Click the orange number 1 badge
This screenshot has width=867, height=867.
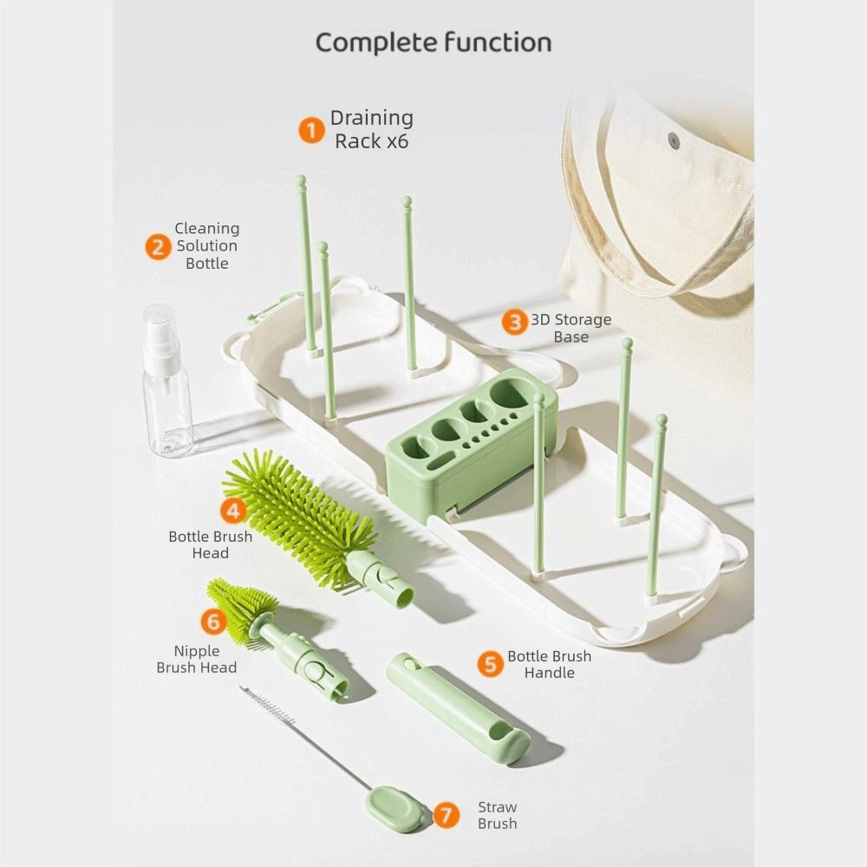pos(311,130)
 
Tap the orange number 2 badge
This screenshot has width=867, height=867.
pos(158,246)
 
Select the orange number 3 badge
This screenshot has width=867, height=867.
pos(515,323)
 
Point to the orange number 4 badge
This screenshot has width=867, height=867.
pos(232,510)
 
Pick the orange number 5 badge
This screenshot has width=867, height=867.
pos(490,664)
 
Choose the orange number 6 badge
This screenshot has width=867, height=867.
pos(213,621)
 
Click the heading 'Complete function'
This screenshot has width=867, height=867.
pos(433,42)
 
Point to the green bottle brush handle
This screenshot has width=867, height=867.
pos(458,707)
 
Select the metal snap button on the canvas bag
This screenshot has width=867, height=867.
pos(673,139)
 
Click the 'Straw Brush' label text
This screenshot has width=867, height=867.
pos(498,815)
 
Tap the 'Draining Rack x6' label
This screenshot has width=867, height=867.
pos(372,129)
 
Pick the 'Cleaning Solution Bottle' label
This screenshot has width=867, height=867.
pos(207,246)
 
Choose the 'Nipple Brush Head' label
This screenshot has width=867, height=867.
pos(197,659)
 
